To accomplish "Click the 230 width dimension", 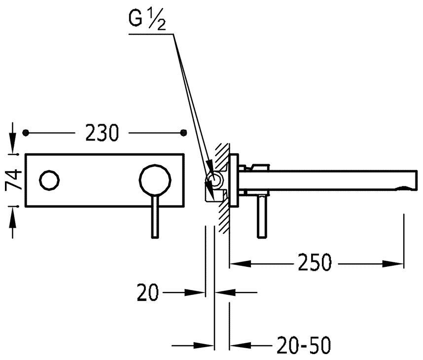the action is tap(102, 133).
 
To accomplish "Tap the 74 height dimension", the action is tap(14, 180).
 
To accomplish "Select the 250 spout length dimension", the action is tap(315, 262).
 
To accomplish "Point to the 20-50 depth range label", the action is tap(304, 345).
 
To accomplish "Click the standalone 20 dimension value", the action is tap(147, 292).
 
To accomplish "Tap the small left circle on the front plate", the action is tap(49, 180).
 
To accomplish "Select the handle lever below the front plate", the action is tap(155, 216).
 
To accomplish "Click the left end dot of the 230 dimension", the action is tap(26, 133).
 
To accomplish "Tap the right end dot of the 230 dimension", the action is tap(184, 133).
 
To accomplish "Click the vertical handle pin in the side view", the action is tap(261, 216).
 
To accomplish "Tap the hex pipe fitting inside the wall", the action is tap(214, 180).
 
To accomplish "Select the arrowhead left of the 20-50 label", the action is tap(240, 345).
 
